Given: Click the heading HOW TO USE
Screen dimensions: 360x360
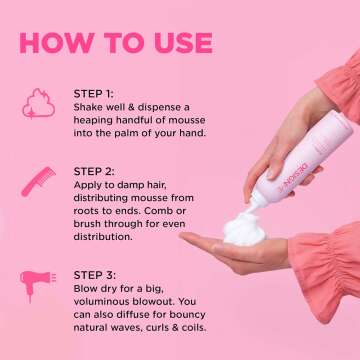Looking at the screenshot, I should pos(115,43).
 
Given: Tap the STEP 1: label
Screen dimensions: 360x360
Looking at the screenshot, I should pos(94,94).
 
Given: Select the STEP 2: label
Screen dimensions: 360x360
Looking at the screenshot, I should pos(95,171).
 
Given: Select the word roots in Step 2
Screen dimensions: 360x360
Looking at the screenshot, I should pos(90,214).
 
